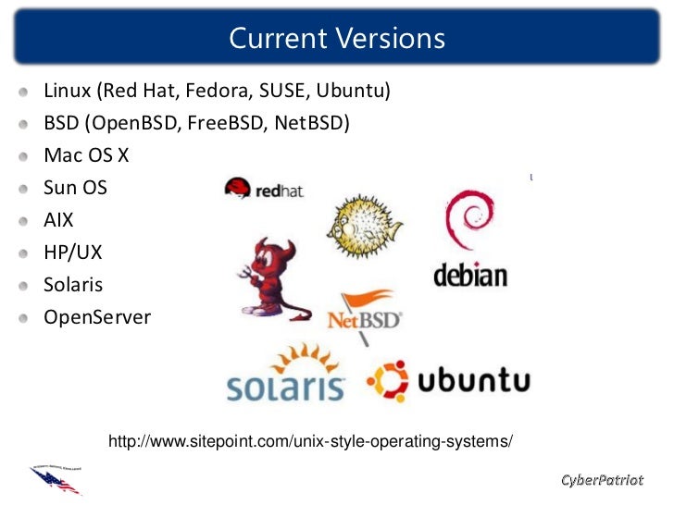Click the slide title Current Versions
(337, 39)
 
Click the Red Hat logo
(264, 189)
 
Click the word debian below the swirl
(470, 275)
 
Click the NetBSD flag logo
(366, 313)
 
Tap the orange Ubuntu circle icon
(388, 381)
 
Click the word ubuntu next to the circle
(473, 380)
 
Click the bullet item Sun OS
(76, 188)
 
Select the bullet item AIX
(58, 220)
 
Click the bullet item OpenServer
(97, 318)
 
